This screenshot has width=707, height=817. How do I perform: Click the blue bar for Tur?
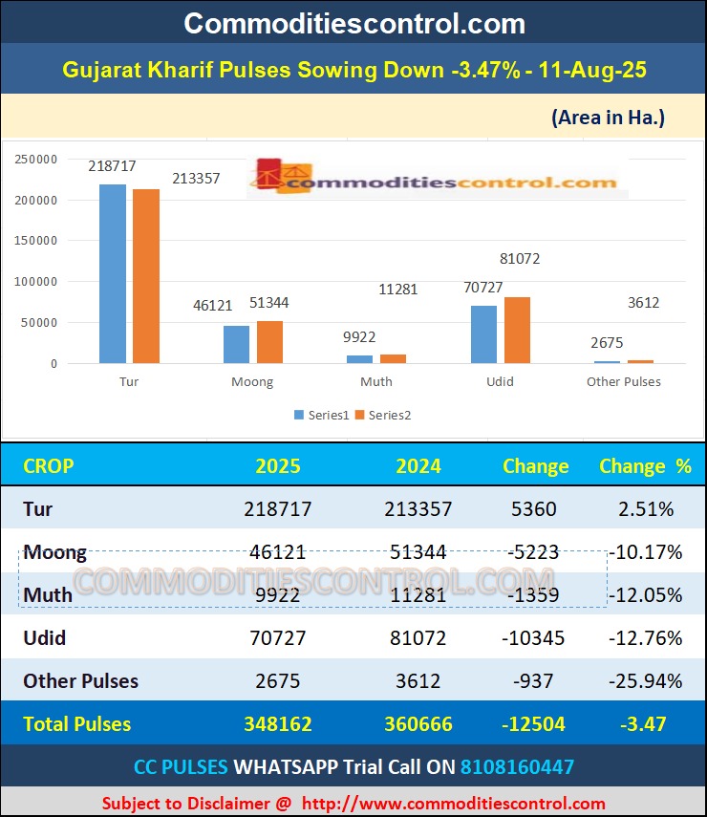113,273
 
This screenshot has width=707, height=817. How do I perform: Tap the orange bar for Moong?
269,342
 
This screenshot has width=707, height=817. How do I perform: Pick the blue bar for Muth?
359,359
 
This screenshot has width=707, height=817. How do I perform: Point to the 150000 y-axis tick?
36,241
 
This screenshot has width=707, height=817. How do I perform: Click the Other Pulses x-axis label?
623,381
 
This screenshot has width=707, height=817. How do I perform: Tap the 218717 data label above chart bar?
112,166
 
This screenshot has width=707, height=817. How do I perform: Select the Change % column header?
645,466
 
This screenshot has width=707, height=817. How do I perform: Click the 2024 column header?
418,466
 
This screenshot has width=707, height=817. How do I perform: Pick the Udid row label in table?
45,637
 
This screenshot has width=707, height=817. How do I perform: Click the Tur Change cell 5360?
534,508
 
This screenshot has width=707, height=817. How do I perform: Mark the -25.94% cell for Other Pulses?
645,681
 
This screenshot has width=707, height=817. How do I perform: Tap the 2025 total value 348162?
278,724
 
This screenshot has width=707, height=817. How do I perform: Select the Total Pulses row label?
77,724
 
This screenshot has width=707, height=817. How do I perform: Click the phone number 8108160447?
517,766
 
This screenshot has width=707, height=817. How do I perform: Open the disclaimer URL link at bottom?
453,804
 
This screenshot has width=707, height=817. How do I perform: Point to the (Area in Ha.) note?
608,118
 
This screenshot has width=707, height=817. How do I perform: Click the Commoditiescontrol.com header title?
353,23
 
